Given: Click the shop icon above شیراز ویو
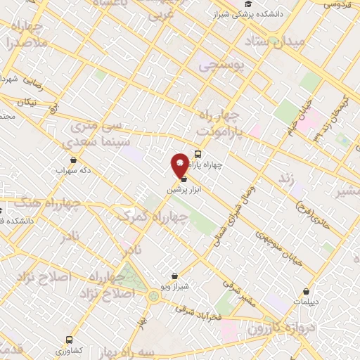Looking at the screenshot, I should click(174, 276).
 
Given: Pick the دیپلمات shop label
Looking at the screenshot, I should click(307, 301).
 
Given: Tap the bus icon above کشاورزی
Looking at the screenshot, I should click(69, 339).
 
